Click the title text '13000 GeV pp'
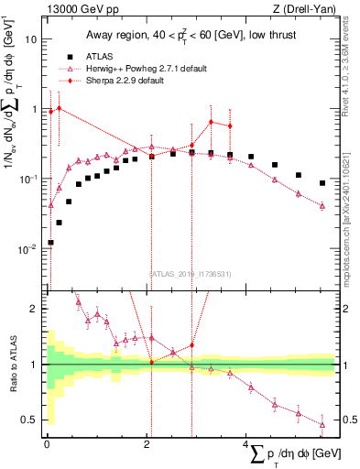80,11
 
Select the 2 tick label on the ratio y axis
36,309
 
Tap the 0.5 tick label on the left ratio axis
31,420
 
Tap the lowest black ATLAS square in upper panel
49,243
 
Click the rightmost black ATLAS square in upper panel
322,183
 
